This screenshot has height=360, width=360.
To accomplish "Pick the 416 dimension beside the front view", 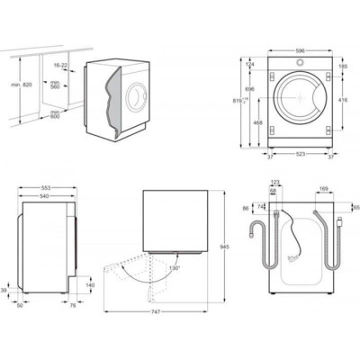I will (x=344, y=101).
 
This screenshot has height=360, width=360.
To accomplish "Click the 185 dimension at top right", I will (x=343, y=67).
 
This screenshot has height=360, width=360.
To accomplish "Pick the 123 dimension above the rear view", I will (x=274, y=184).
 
